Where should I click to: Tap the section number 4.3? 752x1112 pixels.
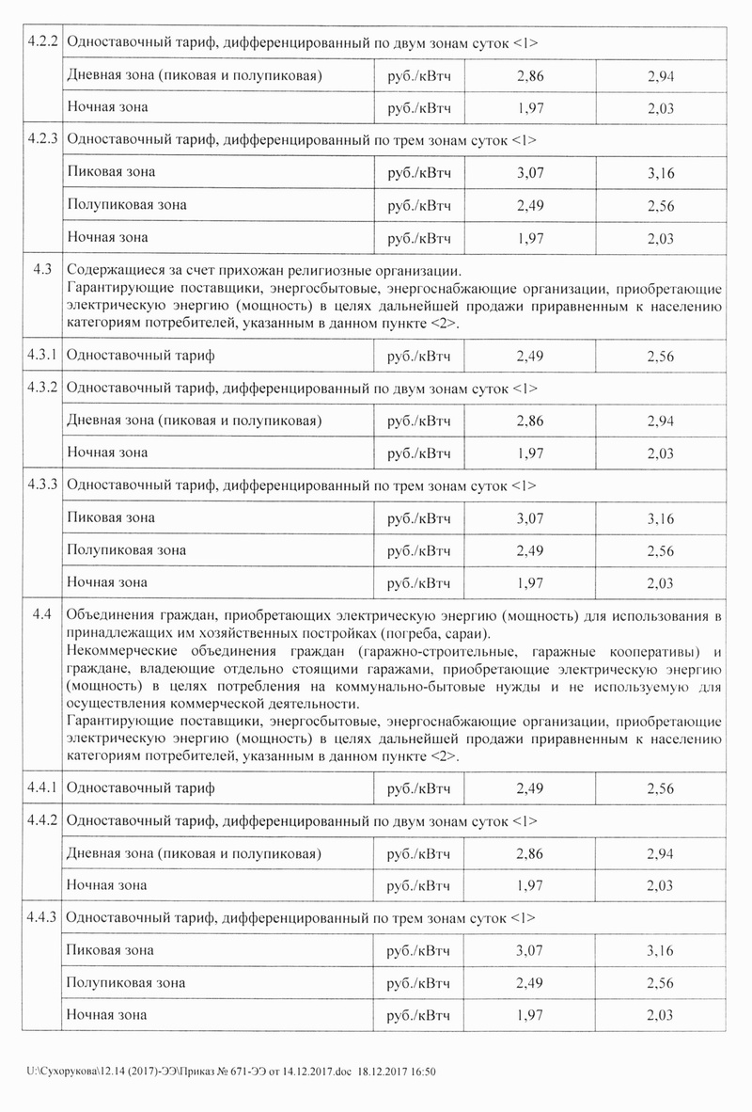tap(41, 269)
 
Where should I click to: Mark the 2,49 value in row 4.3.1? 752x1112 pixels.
tap(530, 357)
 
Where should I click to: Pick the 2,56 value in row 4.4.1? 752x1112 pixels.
tap(661, 788)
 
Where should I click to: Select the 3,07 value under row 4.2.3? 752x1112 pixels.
tap(530, 173)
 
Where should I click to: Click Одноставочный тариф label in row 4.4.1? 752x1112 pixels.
tap(142, 788)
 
